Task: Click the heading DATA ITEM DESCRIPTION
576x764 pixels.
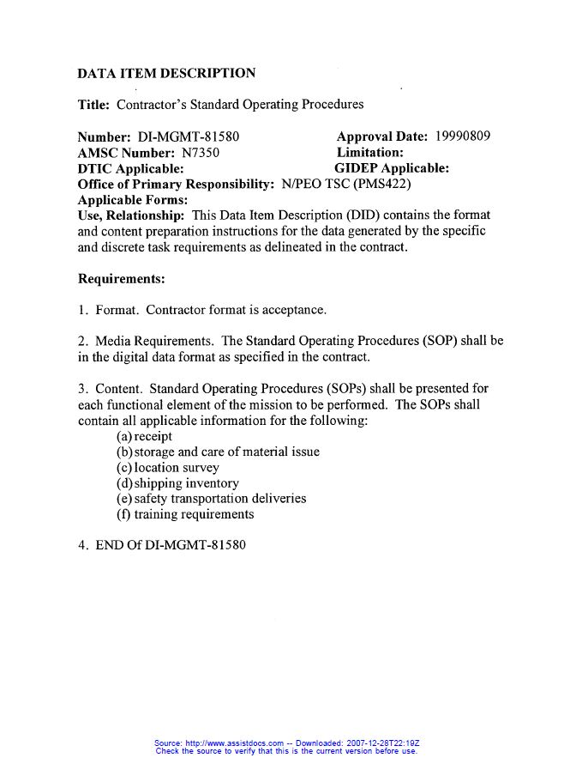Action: [166, 74]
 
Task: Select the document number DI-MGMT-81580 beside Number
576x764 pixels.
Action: [188, 136]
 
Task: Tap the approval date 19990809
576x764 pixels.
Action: [463, 136]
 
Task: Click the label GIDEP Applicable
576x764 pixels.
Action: [391, 168]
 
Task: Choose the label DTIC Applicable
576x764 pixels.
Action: [130, 168]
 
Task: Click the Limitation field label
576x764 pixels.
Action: [369, 153]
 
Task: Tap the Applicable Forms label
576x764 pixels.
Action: [132, 199]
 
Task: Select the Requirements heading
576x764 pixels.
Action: [121, 279]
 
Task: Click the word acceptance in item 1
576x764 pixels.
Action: [293, 310]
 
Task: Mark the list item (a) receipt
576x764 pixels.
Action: [144, 437]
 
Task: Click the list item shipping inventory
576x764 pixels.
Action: [177, 483]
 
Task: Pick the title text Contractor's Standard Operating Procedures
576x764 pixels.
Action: [240, 105]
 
